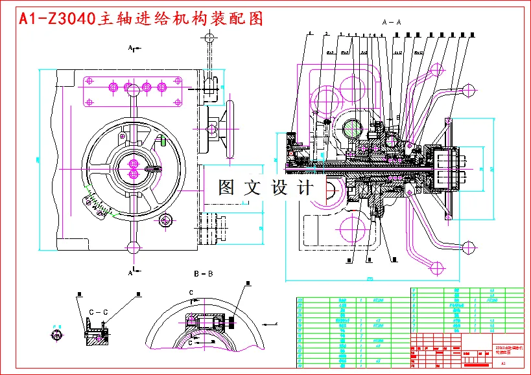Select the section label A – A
click(392, 22)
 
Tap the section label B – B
click(203, 274)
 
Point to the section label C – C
click(97, 312)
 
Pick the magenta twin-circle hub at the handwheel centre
click(134, 168)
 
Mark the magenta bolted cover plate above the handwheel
click(132, 93)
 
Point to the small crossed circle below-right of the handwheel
click(165, 221)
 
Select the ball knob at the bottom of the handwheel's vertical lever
click(134, 247)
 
